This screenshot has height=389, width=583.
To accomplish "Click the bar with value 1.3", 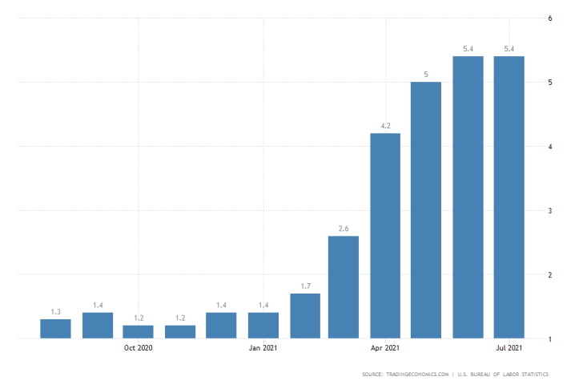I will (x=55, y=329).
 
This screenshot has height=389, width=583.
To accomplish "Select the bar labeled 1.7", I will (x=305, y=316).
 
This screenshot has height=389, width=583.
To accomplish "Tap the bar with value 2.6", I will (x=344, y=287).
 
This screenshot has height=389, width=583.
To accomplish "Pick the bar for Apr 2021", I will (x=385, y=236).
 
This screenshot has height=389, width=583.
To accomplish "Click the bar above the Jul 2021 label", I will (x=509, y=197).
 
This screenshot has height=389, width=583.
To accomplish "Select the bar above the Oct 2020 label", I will (x=138, y=332).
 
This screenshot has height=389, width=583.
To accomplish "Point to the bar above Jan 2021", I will (x=263, y=326).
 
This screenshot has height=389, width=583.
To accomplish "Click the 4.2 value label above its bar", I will (x=385, y=126).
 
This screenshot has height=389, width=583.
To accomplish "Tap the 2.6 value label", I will (x=344, y=229).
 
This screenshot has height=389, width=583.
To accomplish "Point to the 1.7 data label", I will (x=305, y=286).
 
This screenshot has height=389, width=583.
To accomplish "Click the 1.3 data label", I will (x=55, y=312).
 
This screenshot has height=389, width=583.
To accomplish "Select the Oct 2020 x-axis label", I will (x=138, y=348).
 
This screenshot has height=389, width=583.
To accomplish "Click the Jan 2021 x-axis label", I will (x=263, y=348).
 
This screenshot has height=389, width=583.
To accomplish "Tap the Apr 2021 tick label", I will (x=385, y=348).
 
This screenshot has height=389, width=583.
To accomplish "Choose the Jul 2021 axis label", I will (x=509, y=348).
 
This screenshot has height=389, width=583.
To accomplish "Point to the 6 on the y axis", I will (x=549, y=18).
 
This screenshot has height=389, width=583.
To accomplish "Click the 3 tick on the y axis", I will (x=549, y=211).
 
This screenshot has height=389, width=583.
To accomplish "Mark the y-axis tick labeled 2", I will (x=549, y=275).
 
